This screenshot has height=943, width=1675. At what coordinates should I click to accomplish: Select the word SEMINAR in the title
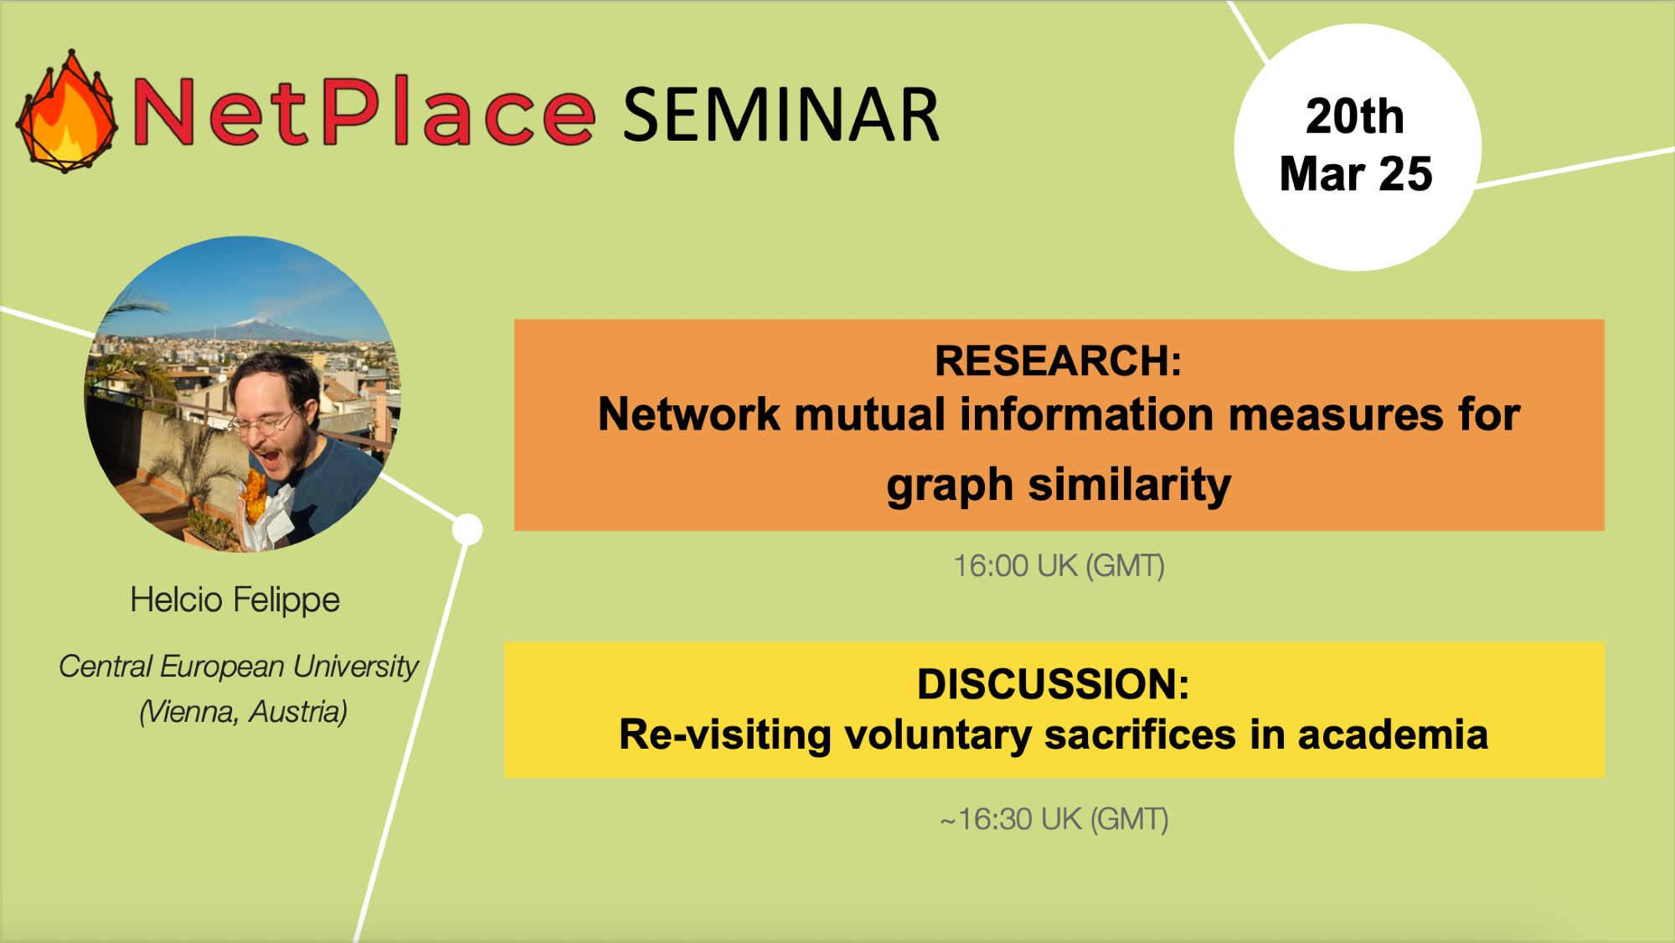[781, 115]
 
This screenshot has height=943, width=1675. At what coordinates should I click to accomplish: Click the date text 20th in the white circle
[1354, 116]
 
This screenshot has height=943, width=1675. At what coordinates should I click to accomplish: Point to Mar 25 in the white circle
[1356, 173]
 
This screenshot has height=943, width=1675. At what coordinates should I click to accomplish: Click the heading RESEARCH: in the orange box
[1058, 361]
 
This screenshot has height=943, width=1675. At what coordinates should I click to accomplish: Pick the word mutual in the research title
[869, 415]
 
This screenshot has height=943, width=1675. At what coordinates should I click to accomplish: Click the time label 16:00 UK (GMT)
[1059, 566]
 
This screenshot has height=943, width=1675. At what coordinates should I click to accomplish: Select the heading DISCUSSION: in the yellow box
[1053, 684]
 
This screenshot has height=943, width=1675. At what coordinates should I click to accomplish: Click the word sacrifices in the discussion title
[1140, 735]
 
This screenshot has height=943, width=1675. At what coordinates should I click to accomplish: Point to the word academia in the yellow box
[1393, 735]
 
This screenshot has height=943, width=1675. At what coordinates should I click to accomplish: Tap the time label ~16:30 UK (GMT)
[1054, 819]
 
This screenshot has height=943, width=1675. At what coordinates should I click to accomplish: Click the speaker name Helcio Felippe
[235, 600]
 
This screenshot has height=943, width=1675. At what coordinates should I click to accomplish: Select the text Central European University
[239, 667]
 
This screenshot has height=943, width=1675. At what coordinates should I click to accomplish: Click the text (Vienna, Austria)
[243, 712]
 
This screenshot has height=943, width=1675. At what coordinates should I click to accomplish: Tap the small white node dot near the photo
[467, 529]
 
